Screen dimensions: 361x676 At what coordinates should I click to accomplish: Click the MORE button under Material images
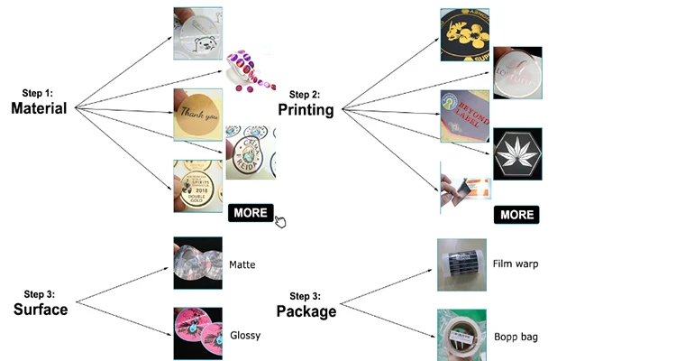click(250, 213)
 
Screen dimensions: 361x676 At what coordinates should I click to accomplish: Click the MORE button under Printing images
click(516, 215)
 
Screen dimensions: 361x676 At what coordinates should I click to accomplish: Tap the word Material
click(39, 108)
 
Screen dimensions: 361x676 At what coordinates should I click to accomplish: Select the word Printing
click(306, 110)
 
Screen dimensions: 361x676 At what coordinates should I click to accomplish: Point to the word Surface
click(41, 310)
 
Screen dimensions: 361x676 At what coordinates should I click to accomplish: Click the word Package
click(306, 311)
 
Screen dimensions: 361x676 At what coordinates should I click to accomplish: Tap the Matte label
click(242, 265)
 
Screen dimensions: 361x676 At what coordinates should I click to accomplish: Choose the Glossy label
click(245, 335)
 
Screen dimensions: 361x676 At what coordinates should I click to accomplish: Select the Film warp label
click(516, 264)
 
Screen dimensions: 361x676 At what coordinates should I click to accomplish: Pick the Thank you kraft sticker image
click(197, 114)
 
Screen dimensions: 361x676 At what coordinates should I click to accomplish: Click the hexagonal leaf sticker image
click(517, 154)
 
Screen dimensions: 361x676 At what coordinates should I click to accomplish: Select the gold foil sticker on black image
click(464, 34)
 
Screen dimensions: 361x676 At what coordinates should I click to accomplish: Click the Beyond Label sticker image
click(464, 116)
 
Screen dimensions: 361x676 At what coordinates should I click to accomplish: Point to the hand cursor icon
click(280, 221)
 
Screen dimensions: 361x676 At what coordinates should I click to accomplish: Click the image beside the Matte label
click(197, 264)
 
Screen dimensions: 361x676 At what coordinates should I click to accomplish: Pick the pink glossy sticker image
click(197, 334)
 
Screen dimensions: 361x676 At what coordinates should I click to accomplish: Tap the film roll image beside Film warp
click(461, 264)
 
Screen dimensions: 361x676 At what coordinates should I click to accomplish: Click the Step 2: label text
click(305, 94)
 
